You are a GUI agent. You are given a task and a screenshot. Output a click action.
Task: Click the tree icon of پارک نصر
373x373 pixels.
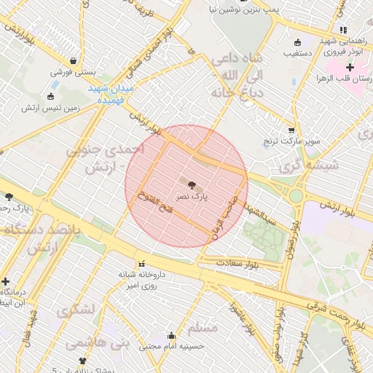click(192, 185)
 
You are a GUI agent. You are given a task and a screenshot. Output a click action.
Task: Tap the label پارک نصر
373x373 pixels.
click(192, 197)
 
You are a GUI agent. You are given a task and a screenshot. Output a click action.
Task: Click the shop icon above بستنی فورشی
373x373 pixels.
click(73, 60)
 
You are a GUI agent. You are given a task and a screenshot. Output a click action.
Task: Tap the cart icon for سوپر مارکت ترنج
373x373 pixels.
click(291, 129)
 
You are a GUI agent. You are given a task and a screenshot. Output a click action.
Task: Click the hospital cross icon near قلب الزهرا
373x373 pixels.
click(350, 67)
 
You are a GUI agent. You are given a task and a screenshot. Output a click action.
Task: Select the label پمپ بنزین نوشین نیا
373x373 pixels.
click(222, 9)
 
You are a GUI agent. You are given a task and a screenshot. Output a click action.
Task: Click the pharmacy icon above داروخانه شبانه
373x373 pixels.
click(141, 263)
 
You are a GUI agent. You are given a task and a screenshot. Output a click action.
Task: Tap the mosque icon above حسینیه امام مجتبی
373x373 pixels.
click(171, 336)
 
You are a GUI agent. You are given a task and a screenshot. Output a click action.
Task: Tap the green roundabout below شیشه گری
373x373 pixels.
click(296, 195)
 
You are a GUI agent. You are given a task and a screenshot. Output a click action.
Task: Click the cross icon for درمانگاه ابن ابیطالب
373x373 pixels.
click(6, 280)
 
